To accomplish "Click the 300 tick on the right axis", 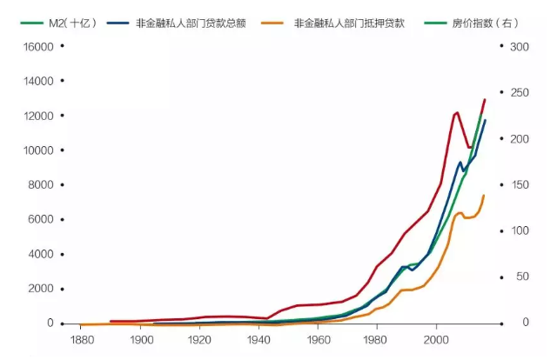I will [520, 46].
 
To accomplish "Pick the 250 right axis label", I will [520, 92].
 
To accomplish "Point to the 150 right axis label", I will [520, 184].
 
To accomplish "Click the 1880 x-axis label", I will [80, 340].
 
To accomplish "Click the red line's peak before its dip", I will [457, 112].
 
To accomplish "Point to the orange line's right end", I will [484, 196].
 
